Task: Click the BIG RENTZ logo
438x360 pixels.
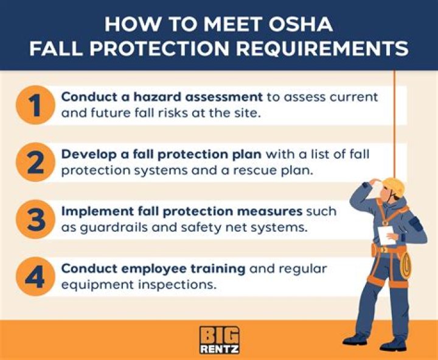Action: point(218,340)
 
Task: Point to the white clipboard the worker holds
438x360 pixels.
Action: point(386,234)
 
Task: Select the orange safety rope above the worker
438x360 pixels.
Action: point(395,122)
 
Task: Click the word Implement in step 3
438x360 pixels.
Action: point(91,212)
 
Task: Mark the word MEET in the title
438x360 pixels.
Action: point(232,24)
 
